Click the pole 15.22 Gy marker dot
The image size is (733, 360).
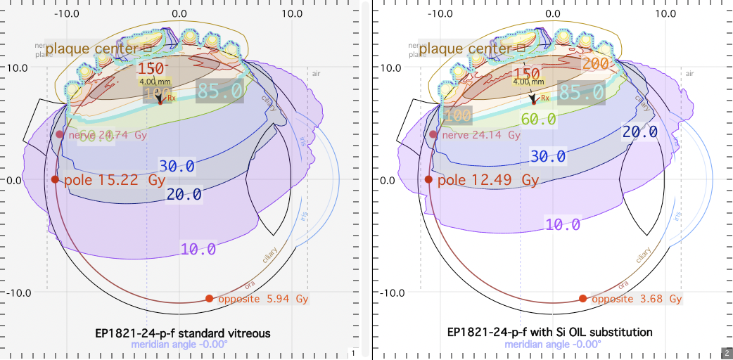[56, 179]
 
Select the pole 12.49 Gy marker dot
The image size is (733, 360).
[428, 179]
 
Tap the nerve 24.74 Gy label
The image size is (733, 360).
[108, 134]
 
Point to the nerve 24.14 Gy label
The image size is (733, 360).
[480, 134]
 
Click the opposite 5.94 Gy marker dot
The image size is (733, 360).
[209, 298]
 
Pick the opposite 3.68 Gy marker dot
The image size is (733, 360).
[582, 298]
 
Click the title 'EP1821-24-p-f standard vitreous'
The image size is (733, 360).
[183, 332]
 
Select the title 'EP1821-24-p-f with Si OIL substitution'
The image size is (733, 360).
[550, 332]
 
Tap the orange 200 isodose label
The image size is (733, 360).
[595, 64]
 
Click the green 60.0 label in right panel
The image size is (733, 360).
[539, 120]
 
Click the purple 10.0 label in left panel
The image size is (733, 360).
[198, 249]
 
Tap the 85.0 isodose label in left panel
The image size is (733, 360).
[219, 91]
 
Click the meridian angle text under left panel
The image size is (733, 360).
[179, 345]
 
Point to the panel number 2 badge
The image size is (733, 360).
[726, 352]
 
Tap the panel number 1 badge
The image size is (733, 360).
[353, 352]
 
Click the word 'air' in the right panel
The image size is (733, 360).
[689, 74]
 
